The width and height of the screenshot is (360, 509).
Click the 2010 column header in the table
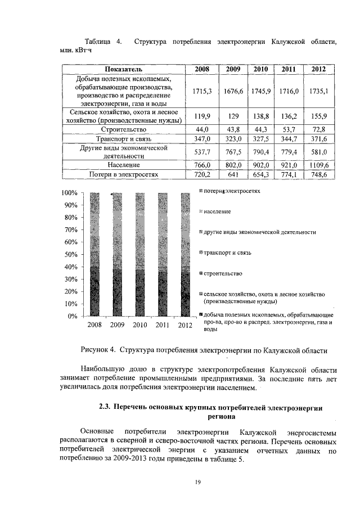[x=260, y=69]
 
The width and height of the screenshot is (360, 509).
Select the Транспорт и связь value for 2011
[x=288, y=138]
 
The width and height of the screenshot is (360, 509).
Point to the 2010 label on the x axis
[x=140, y=325]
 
